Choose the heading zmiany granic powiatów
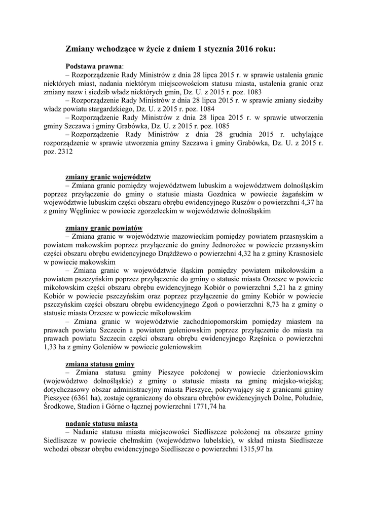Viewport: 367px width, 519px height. pyautogui.click(x=104, y=228)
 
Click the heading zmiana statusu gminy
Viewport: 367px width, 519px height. pyautogui.click(x=100, y=364)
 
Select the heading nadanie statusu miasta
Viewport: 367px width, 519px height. pyautogui.click(x=102, y=423)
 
